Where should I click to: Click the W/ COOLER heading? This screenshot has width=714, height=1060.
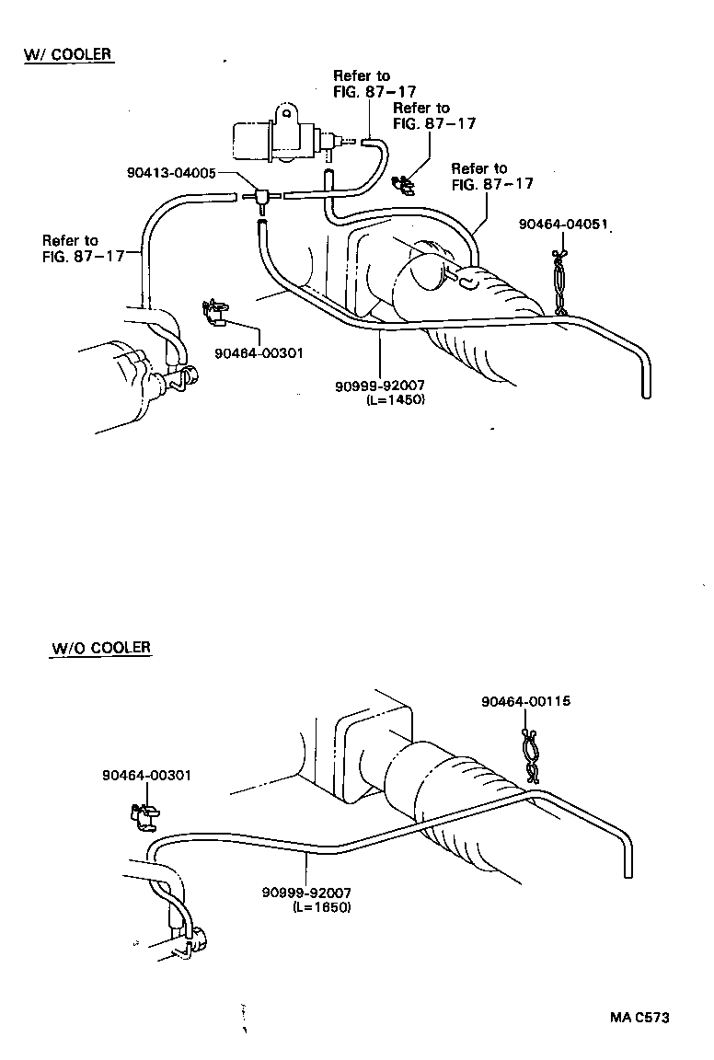(67, 54)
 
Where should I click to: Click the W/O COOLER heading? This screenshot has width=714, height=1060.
(100, 648)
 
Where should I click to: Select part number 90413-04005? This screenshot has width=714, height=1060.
(172, 172)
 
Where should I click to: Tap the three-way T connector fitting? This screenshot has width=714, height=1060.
(260, 196)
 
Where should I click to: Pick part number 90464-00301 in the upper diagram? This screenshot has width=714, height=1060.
(259, 352)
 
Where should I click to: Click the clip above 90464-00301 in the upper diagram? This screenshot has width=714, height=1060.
(216, 313)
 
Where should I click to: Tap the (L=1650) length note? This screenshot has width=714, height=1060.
(322, 907)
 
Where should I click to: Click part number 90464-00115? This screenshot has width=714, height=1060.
(525, 701)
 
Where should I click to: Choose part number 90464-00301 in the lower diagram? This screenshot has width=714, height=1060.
(146, 776)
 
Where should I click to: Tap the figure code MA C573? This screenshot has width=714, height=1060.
(639, 1017)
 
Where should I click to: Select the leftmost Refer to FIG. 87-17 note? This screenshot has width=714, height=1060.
(83, 248)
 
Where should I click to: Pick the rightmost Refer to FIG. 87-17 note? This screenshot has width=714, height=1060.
(492, 176)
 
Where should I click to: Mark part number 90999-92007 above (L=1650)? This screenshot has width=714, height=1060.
(306, 893)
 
